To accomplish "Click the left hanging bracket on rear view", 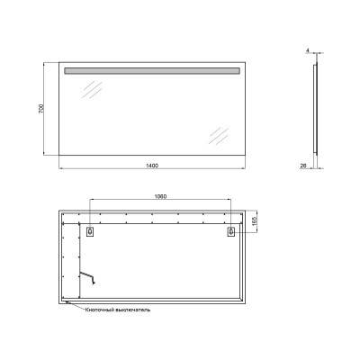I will pyautogui.click(x=89, y=231).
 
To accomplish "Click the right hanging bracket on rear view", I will pyautogui.click(x=232, y=231).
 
